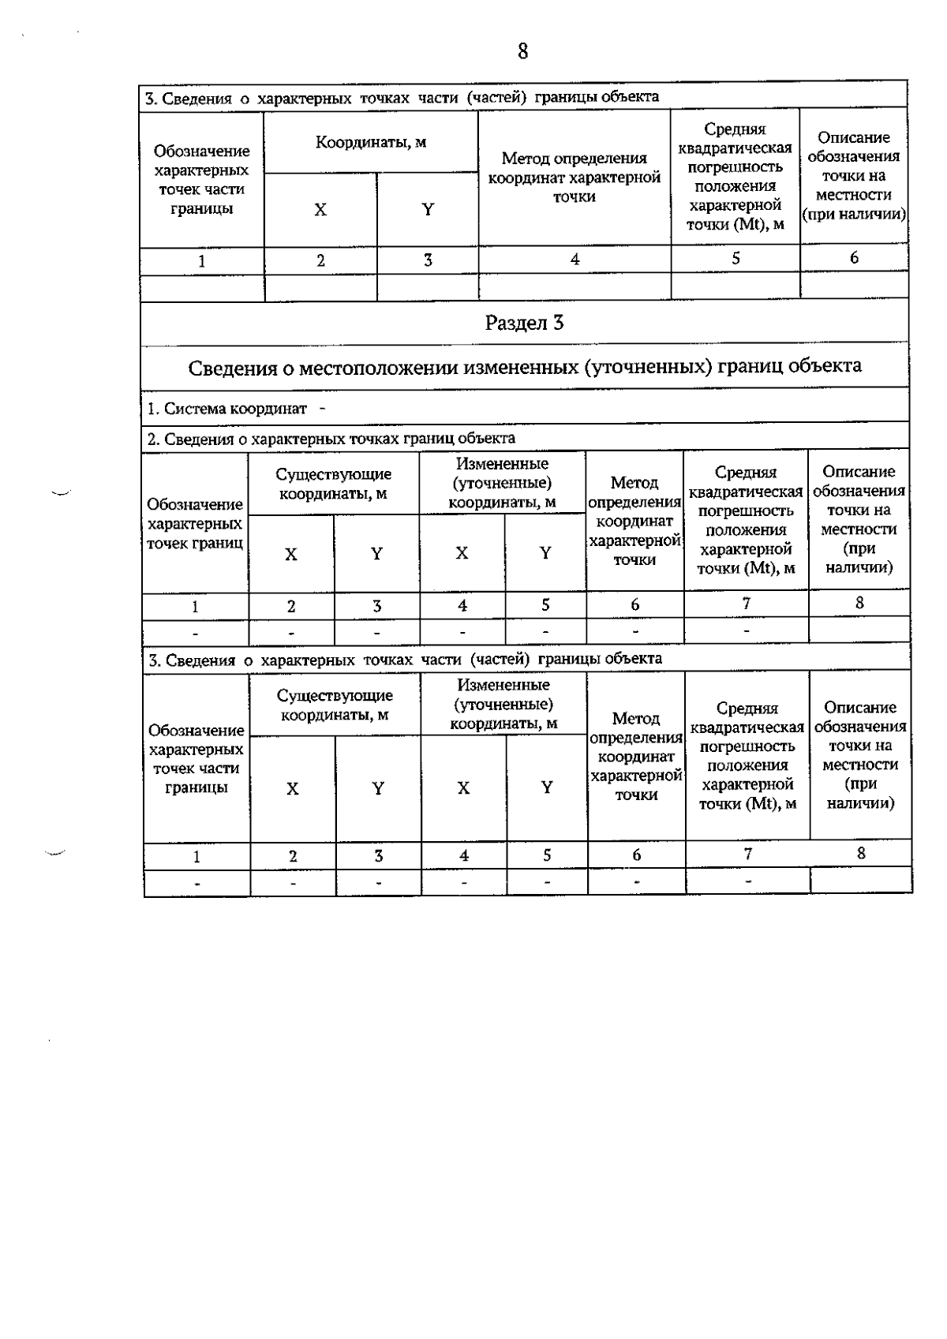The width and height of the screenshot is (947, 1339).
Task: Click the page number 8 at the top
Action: tap(522, 52)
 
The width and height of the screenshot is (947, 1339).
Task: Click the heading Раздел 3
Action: tap(524, 323)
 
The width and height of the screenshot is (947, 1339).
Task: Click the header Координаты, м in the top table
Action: tap(371, 143)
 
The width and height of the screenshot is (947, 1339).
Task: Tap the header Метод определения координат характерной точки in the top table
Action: tap(574, 178)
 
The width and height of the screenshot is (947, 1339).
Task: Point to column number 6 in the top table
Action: tap(854, 258)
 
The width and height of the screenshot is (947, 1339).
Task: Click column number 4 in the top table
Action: tap(575, 260)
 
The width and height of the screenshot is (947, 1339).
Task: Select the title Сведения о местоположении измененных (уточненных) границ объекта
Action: tap(525, 367)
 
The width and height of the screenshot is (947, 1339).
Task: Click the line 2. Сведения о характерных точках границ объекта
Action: tap(331, 439)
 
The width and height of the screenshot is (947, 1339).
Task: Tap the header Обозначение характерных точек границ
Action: tap(195, 524)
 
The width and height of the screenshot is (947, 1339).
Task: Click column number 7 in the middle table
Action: tap(746, 604)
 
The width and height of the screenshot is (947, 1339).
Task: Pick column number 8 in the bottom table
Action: tap(861, 853)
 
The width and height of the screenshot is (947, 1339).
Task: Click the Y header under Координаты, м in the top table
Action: tap(428, 210)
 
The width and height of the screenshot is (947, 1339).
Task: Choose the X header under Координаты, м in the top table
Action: tap(320, 210)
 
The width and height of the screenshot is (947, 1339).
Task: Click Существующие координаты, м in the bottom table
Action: tap(335, 705)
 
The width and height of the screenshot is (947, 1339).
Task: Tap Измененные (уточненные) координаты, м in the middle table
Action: tap(502, 483)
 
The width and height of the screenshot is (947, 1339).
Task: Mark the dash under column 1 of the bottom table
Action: tap(197, 883)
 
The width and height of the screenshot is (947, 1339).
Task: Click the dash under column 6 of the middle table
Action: tap(635, 631)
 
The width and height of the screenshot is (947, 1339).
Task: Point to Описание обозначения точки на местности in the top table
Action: tap(854, 176)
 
